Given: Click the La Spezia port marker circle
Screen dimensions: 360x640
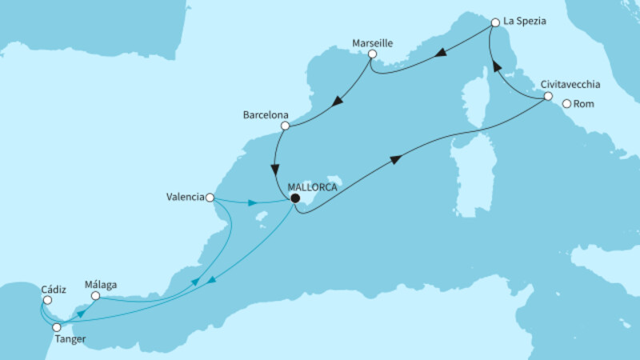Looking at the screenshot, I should [495, 23].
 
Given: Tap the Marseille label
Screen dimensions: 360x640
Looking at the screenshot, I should [373, 41].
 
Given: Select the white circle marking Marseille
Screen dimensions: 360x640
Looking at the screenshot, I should [372, 54].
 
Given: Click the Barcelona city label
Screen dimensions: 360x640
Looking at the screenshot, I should [265, 114].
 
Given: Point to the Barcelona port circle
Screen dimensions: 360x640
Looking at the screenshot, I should [284, 126].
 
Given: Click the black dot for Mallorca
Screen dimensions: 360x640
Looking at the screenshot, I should [294, 198].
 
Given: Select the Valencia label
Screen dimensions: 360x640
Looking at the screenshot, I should [184, 198].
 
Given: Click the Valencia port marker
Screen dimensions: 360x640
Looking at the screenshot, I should [210, 198].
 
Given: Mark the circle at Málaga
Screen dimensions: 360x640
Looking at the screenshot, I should [95, 296].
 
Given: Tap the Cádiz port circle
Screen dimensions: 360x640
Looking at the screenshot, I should [46, 301].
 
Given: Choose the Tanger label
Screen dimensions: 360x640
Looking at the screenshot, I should [69, 339].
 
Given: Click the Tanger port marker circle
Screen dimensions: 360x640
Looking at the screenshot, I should [57, 326].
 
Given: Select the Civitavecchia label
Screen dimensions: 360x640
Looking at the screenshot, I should [570, 84].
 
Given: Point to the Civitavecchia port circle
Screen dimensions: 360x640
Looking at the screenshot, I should [548, 97].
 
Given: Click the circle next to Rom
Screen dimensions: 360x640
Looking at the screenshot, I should [566, 103].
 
